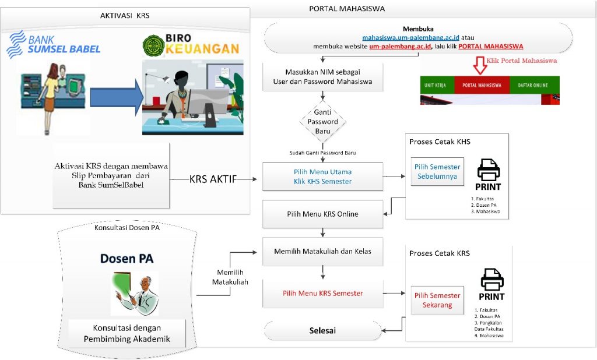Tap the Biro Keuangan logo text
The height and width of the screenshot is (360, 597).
[192, 46]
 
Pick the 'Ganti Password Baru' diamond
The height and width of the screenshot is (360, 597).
[322, 122]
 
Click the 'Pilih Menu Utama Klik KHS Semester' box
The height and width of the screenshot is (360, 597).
[322, 177]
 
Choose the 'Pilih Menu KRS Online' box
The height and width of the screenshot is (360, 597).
[322, 214]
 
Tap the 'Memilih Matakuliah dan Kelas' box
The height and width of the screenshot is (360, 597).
[322, 252]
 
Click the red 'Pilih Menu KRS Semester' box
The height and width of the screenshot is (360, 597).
[322, 293]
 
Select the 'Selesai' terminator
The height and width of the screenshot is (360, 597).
[322, 331]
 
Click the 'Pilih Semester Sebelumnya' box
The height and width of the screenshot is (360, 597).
[437, 171]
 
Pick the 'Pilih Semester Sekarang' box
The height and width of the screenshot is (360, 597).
[437, 300]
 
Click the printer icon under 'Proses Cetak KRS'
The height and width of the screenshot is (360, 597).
[492, 281]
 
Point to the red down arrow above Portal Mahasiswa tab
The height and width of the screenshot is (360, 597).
[479, 65]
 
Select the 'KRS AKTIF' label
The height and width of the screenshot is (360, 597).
[213, 179]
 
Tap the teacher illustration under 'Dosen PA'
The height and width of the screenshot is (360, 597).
[135, 293]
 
